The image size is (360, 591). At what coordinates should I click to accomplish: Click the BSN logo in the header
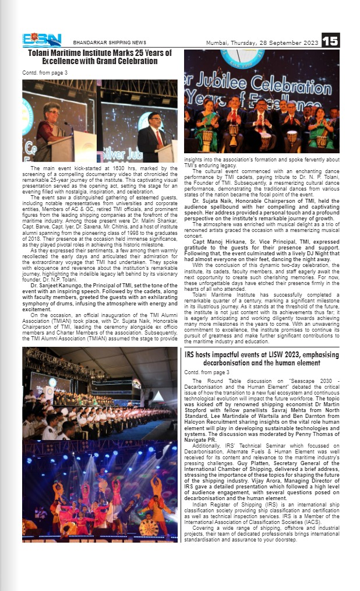pyautogui.click(x=41, y=40)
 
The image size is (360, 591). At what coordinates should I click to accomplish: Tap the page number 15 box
pyautogui.click(x=330, y=40)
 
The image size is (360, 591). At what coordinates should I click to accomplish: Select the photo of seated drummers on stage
pyautogui.click(x=262, y=128)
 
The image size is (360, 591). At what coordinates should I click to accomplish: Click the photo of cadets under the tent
pyautogui.click(x=100, y=393)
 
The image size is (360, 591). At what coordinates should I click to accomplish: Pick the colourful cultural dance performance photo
pyautogui.click(x=100, y=491)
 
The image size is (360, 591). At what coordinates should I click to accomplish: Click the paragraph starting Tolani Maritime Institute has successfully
pyautogui.click(x=262, y=318)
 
